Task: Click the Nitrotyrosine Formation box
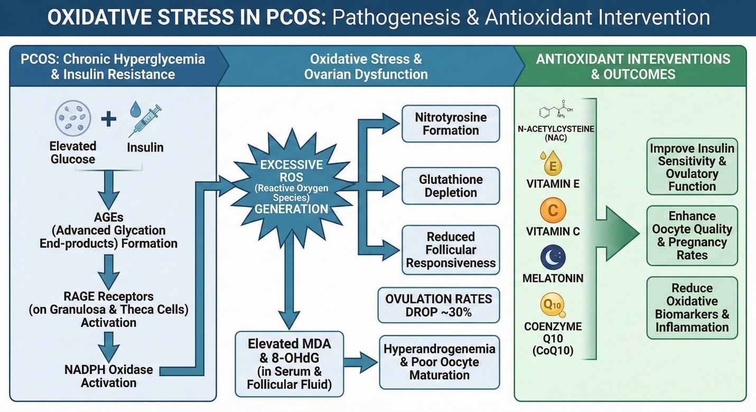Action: [451, 124]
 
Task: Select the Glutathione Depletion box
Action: [451, 186]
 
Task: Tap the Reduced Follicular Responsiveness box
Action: [451, 250]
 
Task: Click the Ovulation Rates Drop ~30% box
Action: [438, 305]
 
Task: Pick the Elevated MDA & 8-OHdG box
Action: [289, 364]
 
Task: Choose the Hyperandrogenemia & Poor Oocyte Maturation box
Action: [439, 362]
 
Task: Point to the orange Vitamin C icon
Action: [553, 211]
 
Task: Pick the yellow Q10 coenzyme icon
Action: [553, 305]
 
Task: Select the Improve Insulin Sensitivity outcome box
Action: [692, 167]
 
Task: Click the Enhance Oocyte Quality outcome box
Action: [692, 236]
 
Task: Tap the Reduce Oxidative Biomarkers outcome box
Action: [692, 308]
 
